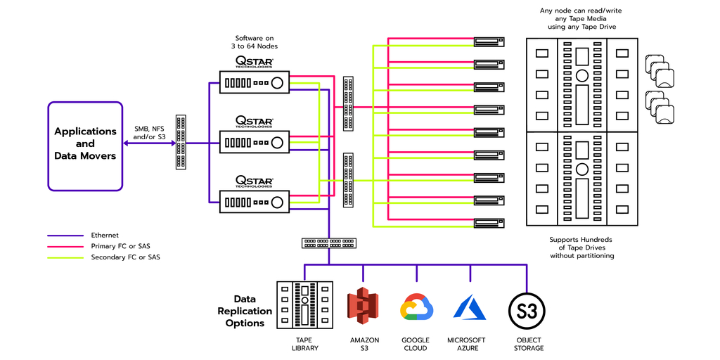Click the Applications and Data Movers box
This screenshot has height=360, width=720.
click(x=85, y=145)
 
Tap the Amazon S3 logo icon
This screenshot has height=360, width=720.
click(x=363, y=307)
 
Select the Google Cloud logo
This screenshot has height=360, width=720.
click(x=416, y=308)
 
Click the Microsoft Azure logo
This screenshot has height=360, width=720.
click(x=470, y=307)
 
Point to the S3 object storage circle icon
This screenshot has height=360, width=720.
click(x=527, y=309)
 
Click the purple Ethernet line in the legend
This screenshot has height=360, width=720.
click(x=65, y=236)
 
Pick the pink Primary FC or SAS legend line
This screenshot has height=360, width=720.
click(x=65, y=246)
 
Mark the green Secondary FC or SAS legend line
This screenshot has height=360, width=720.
click(x=65, y=257)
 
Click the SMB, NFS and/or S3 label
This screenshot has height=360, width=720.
click(x=150, y=133)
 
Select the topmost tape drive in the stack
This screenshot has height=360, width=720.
click(x=489, y=41)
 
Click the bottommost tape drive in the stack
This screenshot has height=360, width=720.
click(x=489, y=224)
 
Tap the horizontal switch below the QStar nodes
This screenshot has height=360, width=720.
click(x=329, y=243)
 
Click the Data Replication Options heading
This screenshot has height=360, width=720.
click(x=245, y=311)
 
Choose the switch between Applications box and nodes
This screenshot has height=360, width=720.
click(x=181, y=142)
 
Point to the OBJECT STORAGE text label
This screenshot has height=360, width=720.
click(x=527, y=344)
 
